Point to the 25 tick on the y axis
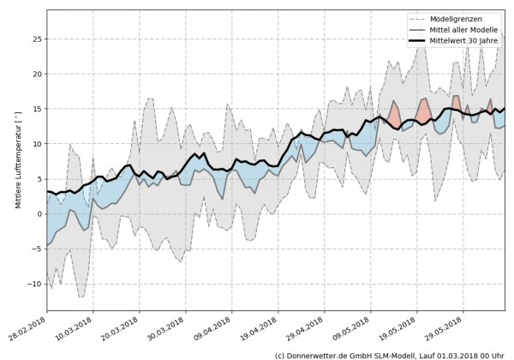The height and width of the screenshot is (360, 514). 37,39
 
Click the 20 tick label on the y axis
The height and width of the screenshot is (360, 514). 37,74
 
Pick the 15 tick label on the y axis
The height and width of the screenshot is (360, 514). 37,109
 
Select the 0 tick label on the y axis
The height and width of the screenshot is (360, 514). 39,214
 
